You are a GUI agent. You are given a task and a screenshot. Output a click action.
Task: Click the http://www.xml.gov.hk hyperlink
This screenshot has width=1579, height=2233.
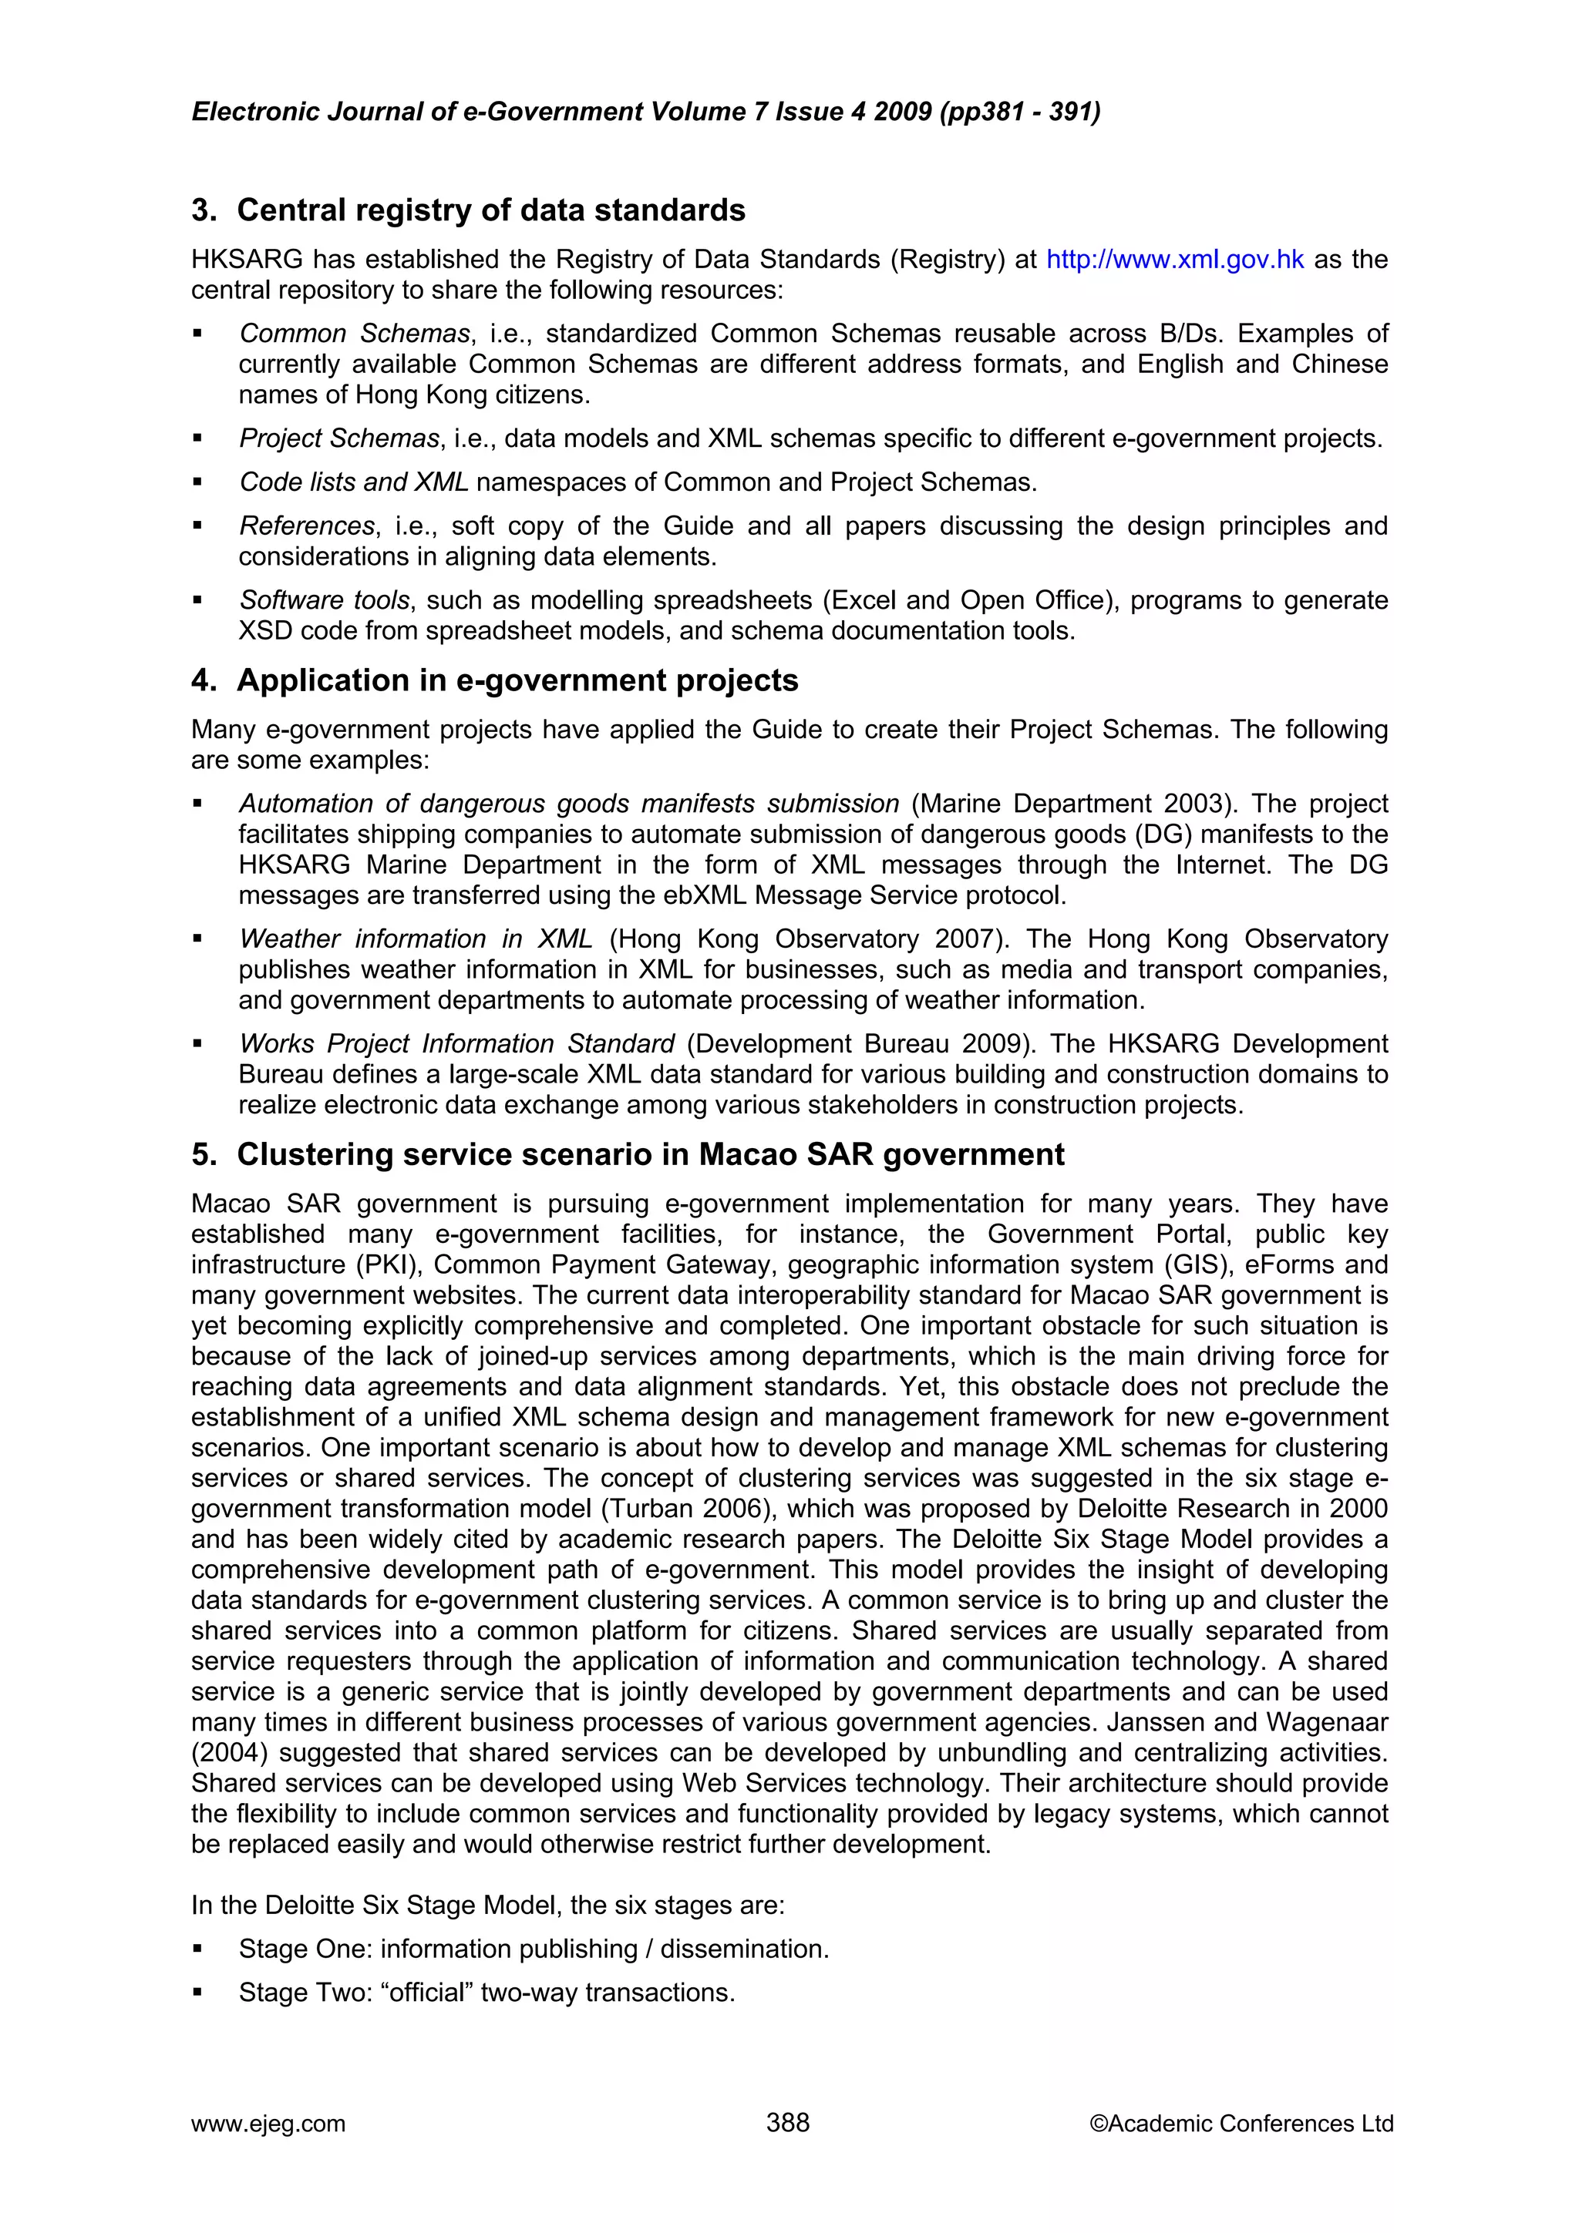(1174, 260)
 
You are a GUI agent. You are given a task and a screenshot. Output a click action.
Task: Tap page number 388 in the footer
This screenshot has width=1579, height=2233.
(787, 2123)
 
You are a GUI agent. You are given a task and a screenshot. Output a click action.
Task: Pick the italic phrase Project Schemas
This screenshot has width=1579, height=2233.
(339, 438)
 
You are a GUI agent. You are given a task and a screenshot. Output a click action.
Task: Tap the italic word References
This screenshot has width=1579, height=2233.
(306, 526)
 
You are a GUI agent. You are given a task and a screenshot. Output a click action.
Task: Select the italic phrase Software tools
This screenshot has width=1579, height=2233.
(324, 600)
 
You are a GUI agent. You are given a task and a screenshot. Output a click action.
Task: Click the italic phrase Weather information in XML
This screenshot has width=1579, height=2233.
(416, 939)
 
